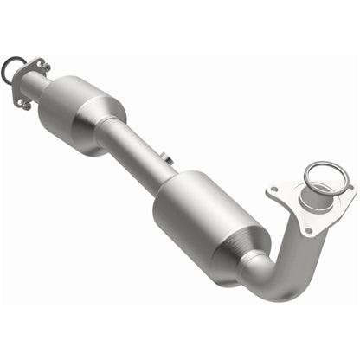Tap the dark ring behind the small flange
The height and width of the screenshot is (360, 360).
[10, 70]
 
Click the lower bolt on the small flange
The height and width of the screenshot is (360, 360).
[23, 102]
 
